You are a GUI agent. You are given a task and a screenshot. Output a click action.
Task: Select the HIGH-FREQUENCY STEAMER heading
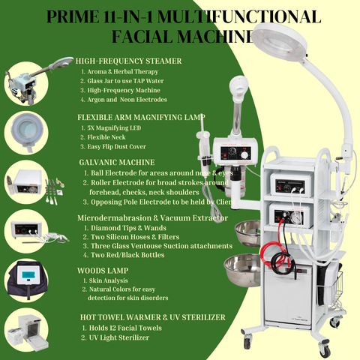[129, 60]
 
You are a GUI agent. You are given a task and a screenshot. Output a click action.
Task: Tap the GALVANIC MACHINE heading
[116, 160]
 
